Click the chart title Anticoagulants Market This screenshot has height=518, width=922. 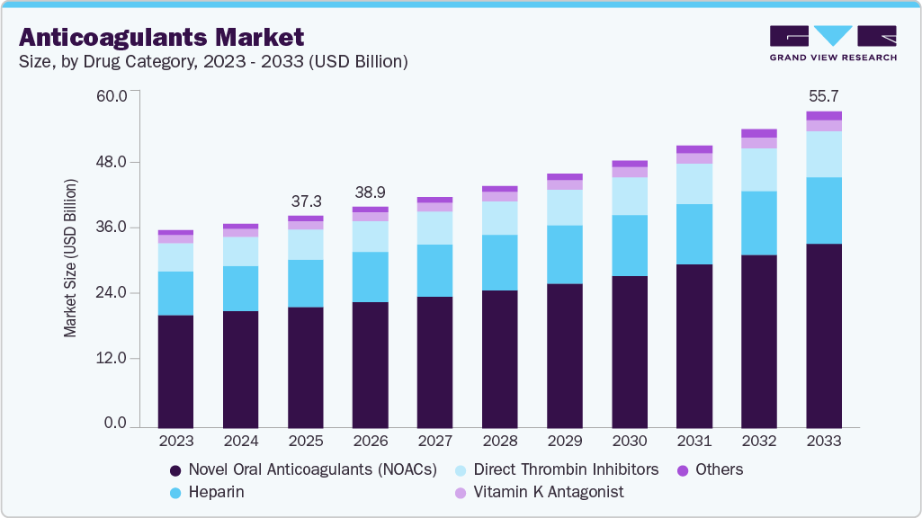click(162, 37)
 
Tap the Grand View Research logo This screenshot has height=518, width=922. click(833, 43)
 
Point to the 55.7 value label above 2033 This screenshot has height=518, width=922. click(824, 95)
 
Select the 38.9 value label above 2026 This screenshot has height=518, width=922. click(371, 192)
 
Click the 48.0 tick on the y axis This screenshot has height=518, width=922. click(112, 162)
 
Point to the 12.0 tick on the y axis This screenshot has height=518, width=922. click(112, 358)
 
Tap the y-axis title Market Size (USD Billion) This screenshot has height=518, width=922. click(70, 258)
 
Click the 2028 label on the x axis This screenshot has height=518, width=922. click(500, 441)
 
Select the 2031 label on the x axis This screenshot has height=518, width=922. click(694, 441)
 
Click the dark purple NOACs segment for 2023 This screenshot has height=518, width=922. click(176, 371)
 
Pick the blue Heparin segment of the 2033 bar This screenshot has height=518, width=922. click(824, 210)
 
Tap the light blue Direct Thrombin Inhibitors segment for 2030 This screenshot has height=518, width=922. click(630, 196)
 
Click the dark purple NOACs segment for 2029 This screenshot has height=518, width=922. click(565, 355)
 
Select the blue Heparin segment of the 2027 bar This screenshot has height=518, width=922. click(435, 271)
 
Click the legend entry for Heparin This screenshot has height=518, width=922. click(207, 492)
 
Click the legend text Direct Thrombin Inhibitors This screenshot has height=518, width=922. click(566, 469)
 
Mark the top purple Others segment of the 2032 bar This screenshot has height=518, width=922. click(759, 133)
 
